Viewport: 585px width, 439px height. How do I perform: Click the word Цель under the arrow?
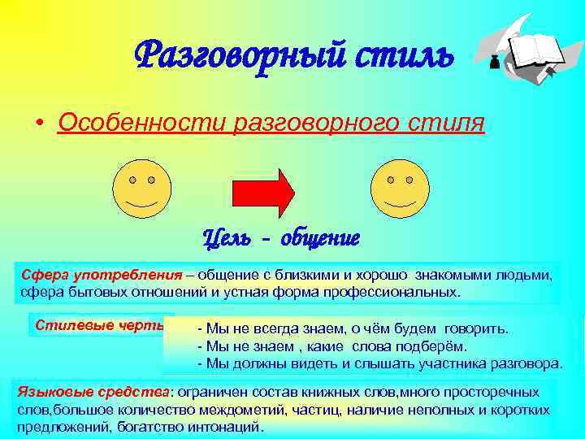coord(228,239)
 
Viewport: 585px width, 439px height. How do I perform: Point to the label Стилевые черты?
coord(98,324)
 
